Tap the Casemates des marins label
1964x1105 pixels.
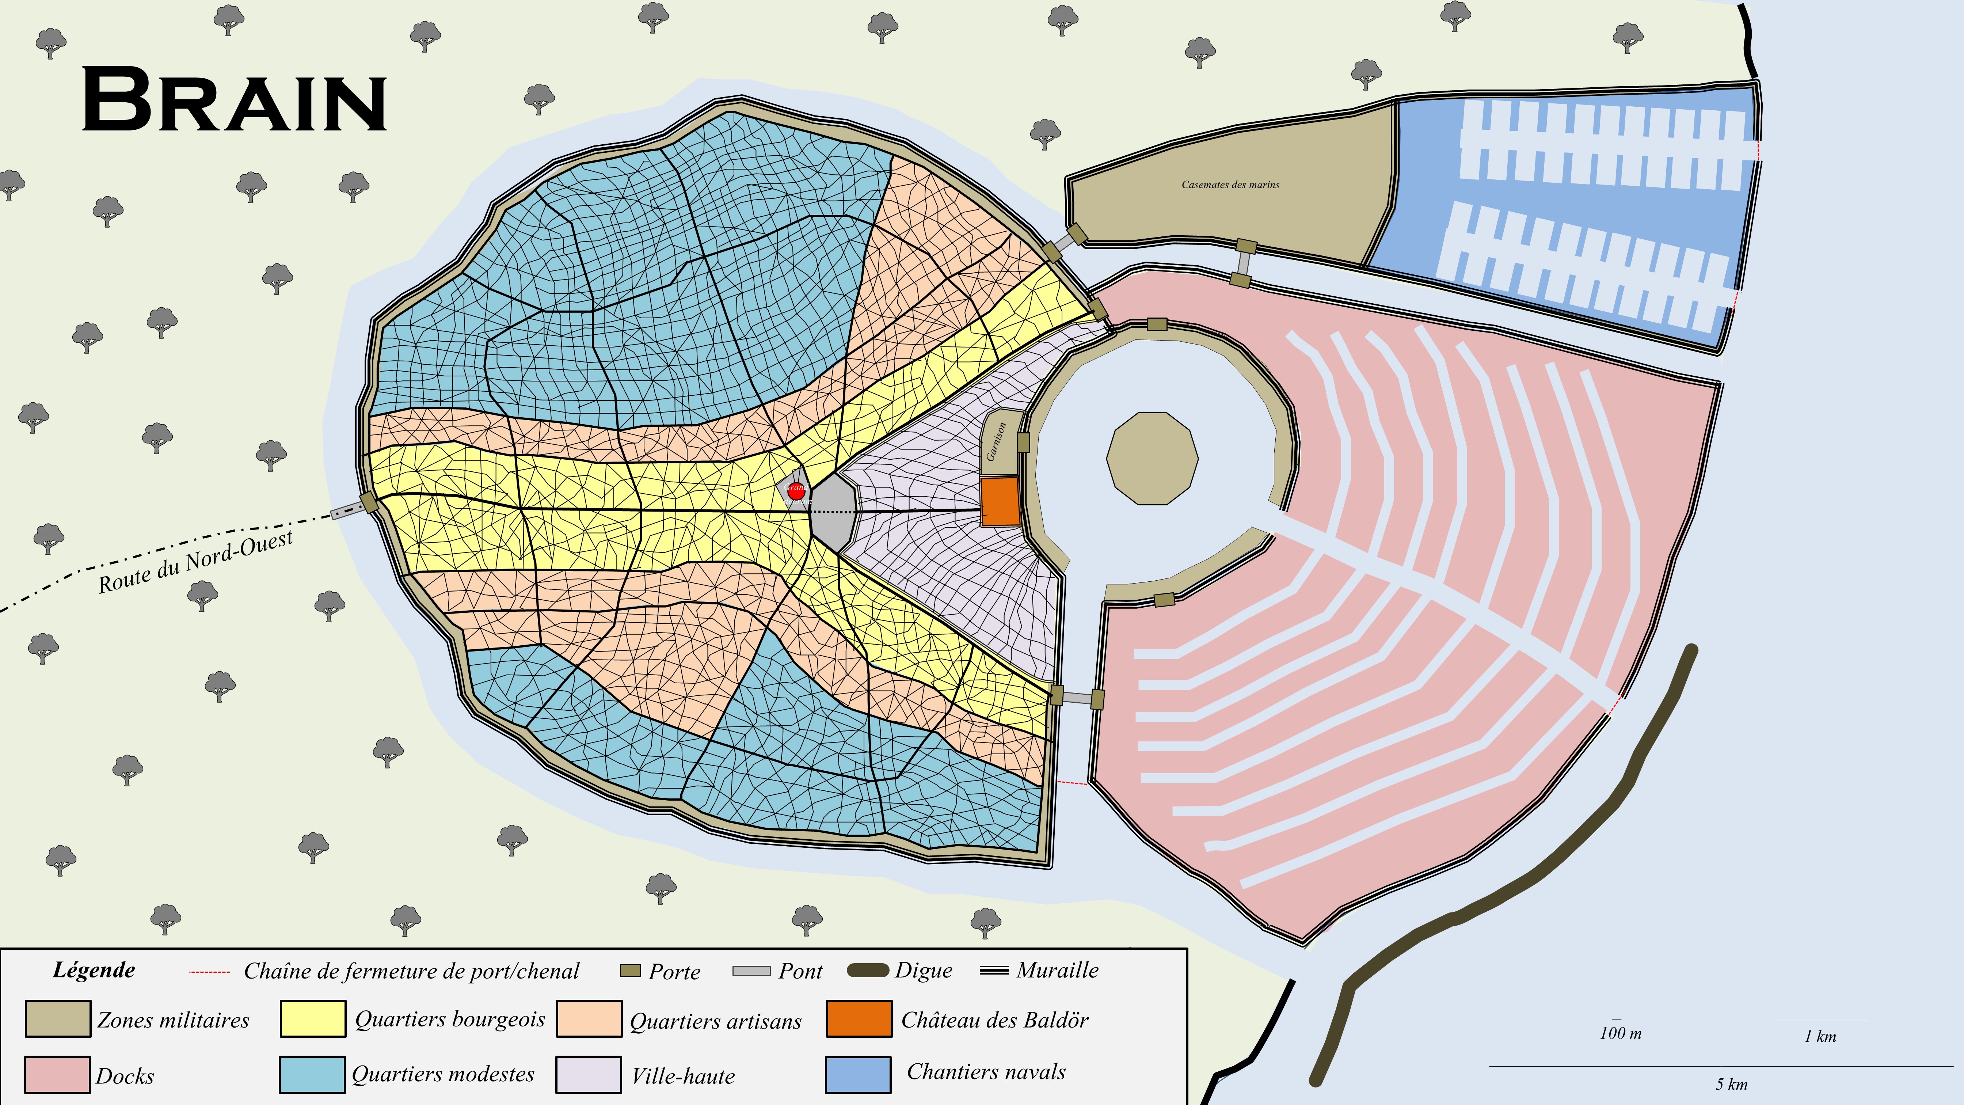coord(1230,185)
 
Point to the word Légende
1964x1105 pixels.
coord(94,970)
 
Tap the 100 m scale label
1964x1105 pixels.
coord(1620,1033)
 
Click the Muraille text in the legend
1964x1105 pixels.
coord(1058,970)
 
